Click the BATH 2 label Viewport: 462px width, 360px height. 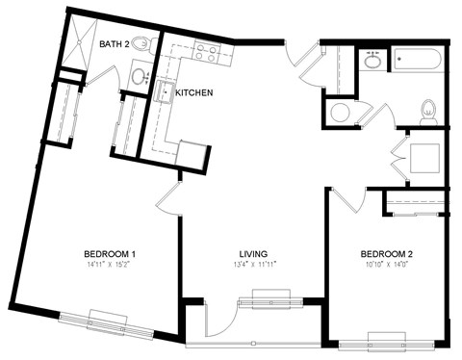(x=115, y=44)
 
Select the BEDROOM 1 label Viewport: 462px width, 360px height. (x=109, y=254)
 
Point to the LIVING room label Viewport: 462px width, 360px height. (x=253, y=254)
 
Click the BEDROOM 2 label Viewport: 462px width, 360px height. (x=386, y=254)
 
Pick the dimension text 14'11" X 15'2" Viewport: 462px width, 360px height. (x=109, y=265)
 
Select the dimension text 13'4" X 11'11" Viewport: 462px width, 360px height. (x=253, y=265)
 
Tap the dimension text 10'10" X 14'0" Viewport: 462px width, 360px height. (x=386, y=265)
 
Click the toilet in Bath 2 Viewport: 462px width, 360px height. (x=143, y=44)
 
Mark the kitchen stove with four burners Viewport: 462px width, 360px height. (x=205, y=50)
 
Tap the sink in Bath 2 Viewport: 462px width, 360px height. (x=139, y=75)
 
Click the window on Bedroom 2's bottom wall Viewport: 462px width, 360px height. (x=386, y=338)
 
